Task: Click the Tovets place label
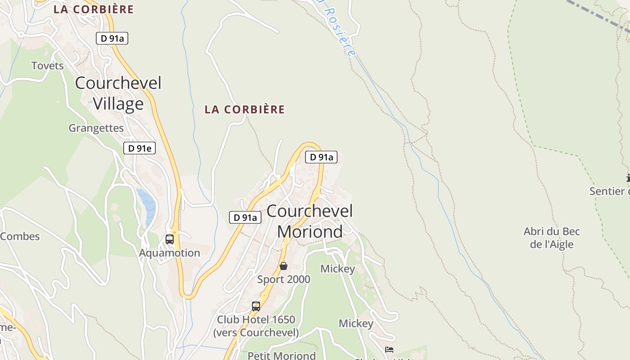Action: coord(47,66)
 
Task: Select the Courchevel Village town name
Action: coord(118,93)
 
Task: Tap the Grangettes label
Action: coord(96,128)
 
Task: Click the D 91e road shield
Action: coord(139,148)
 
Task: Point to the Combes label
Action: coord(20,236)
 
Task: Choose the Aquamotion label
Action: coord(169,253)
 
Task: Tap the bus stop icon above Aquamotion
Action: coord(170,239)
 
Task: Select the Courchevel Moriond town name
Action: coord(310,221)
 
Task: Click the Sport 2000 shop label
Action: coord(283,279)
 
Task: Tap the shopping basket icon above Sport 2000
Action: coord(283,266)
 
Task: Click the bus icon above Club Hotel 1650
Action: coord(256,306)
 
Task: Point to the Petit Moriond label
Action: coord(282,355)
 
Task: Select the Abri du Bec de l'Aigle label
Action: coord(552,238)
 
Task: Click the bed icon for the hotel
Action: coord(389,350)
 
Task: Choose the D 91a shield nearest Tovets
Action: coord(112,39)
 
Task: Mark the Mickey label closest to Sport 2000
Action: coord(337,269)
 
